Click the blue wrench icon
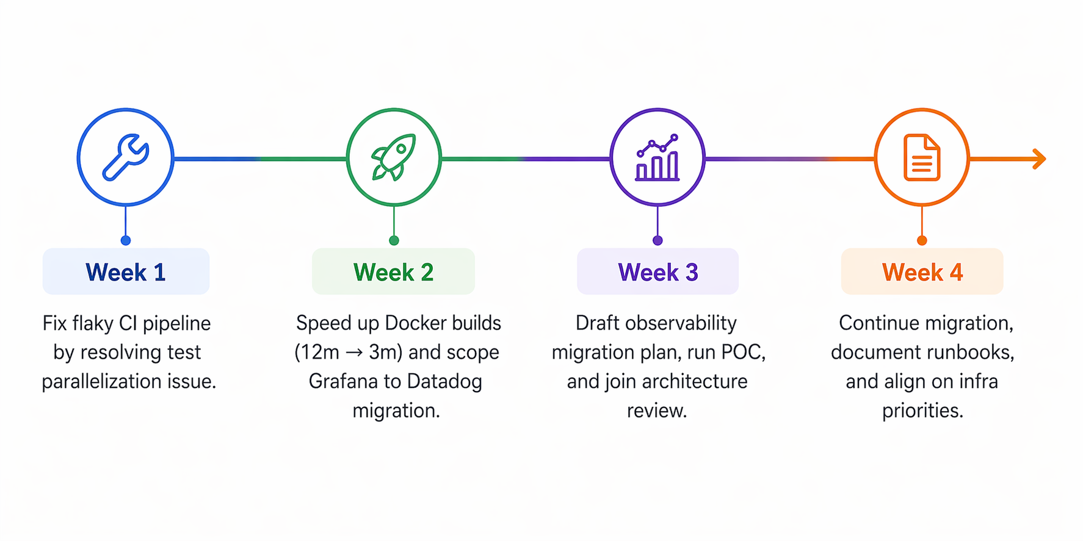pyautogui.click(x=126, y=157)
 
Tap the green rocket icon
pyautogui.click(x=394, y=157)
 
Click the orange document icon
pyautogui.click(x=922, y=157)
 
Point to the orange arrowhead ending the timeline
pyautogui.click(x=1039, y=159)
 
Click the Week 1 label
pyautogui.click(x=126, y=272)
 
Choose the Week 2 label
pyautogui.click(x=393, y=272)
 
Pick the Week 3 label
pyautogui.click(x=657, y=272)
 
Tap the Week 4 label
pyautogui.click(x=922, y=272)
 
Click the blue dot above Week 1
pyautogui.click(x=126, y=240)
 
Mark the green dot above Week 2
pyautogui.click(x=394, y=240)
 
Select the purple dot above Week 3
pyautogui.click(x=657, y=240)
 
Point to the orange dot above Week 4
pyautogui.click(x=922, y=240)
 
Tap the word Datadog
pyautogui.click(x=444, y=381)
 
